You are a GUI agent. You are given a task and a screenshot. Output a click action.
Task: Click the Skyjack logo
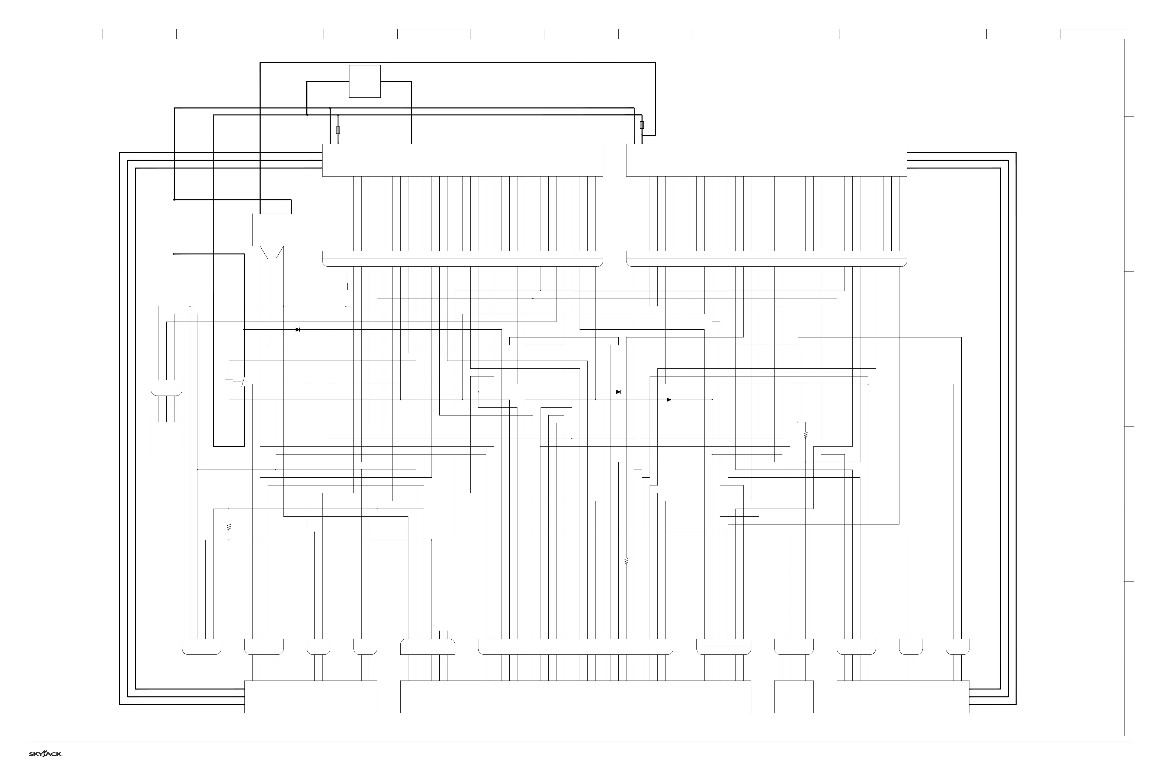pos(45,754)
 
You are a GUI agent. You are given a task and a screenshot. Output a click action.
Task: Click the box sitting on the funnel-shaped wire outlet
pos(275,230)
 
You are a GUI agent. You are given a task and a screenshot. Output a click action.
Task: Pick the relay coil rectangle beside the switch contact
pos(229,382)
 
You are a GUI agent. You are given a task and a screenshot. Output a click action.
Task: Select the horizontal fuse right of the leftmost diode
pos(321,330)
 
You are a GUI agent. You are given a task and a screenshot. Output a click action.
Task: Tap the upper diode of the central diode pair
pos(618,392)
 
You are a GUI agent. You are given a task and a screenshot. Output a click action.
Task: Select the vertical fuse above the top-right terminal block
pos(642,125)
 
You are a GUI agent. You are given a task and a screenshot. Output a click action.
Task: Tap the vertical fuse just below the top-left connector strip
pos(346,286)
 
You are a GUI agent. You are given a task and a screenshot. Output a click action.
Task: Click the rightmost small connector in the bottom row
pos(957,646)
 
